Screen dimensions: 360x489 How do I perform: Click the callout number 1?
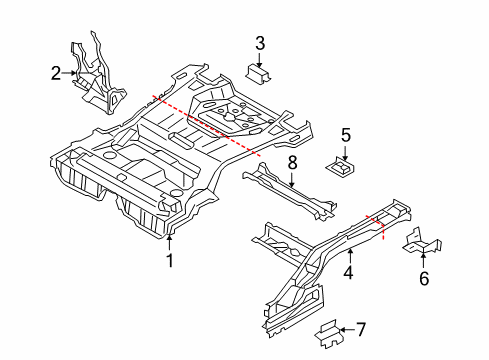coord(170,261)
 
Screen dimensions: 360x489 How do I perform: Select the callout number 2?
coord(57,72)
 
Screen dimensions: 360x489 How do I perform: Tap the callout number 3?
coord(260,42)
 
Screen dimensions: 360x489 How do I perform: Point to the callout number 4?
coord(348,271)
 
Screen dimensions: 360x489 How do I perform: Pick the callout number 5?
coord(345,135)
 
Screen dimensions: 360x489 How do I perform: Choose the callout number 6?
coord(423,279)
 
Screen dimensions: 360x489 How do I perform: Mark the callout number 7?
coord(361,327)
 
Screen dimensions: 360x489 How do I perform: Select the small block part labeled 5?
coord(342,166)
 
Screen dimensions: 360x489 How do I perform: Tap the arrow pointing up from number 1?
coord(170,243)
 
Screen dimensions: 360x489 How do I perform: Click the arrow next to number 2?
coord(72,72)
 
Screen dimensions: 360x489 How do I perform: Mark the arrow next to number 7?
coord(345,327)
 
